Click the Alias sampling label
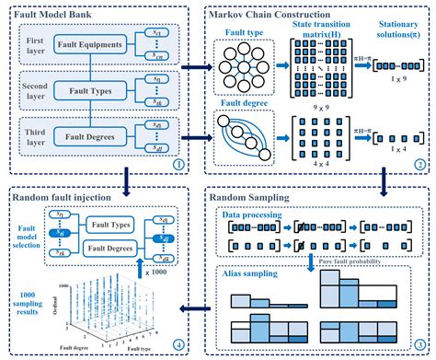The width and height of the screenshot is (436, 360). (x=250, y=274)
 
